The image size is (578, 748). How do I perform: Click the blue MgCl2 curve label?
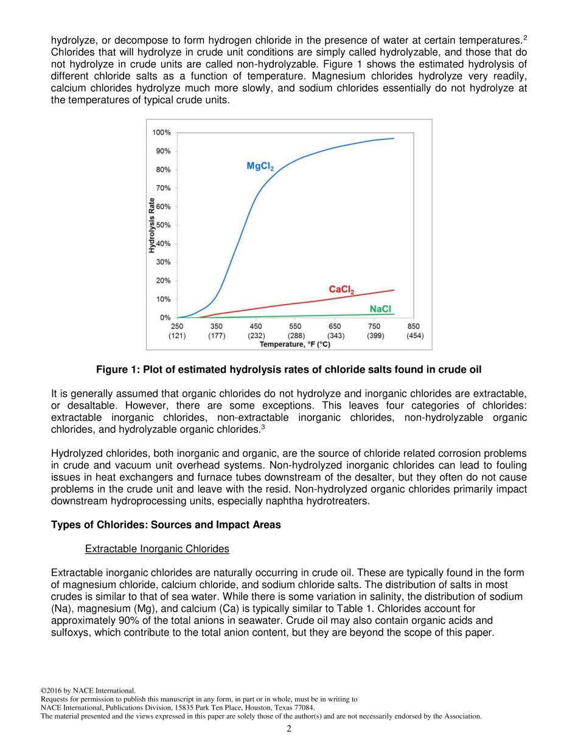coord(260,166)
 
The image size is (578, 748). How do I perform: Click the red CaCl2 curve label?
coord(341,290)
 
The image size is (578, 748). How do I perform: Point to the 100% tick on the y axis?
coord(161,133)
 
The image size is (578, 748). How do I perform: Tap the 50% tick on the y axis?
coord(163,225)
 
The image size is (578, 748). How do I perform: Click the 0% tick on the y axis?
coord(165,317)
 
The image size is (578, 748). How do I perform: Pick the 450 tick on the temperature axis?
coord(256,327)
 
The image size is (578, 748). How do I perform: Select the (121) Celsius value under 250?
coord(177,336)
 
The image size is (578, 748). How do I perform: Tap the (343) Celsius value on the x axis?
coord(336,336)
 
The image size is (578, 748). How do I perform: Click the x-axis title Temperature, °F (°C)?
coord(295,344)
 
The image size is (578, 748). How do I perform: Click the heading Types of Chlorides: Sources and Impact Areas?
coord(166,525)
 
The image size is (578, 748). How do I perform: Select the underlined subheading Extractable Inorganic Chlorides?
coord(157,549)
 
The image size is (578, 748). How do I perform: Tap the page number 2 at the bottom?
coord(289,729)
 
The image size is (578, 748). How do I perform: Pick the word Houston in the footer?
coord(264,708)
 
